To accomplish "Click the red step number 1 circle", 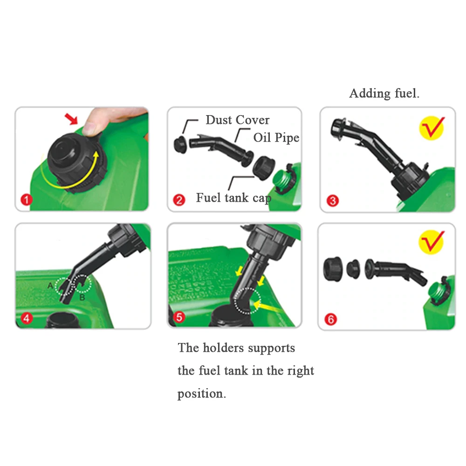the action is pos(26,199).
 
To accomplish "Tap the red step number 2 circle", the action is pos(179,200).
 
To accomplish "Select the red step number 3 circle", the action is pos(333,200).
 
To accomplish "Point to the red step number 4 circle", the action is pos(27,318).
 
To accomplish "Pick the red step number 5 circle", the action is pos(179,317).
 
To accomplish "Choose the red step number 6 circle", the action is pos(331,320).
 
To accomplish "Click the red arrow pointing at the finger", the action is pos(71,119).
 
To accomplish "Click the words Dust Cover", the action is pos(238,120).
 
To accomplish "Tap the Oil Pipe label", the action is pos(276,137).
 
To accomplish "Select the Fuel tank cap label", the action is pos(233,198).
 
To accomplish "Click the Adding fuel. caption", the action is pos(384,93).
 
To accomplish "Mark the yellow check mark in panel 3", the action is pos(432,128).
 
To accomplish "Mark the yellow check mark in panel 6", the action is pos(432,242).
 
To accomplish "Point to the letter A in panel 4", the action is pos(50,286).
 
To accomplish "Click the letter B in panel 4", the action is pos(82,297).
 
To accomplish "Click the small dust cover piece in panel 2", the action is pos(180,145).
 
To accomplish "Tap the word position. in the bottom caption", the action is pos(201,394).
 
